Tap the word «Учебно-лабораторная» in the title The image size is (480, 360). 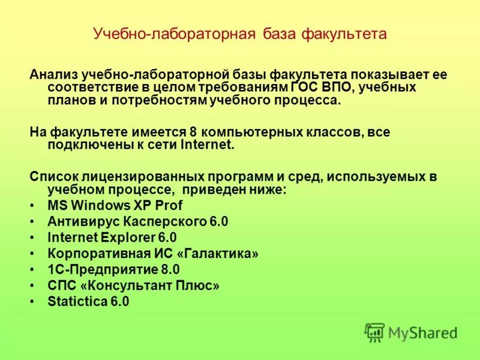174,34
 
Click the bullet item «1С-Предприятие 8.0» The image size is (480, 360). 113,269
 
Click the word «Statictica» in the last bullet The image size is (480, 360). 77,302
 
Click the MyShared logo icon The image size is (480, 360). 374,332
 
